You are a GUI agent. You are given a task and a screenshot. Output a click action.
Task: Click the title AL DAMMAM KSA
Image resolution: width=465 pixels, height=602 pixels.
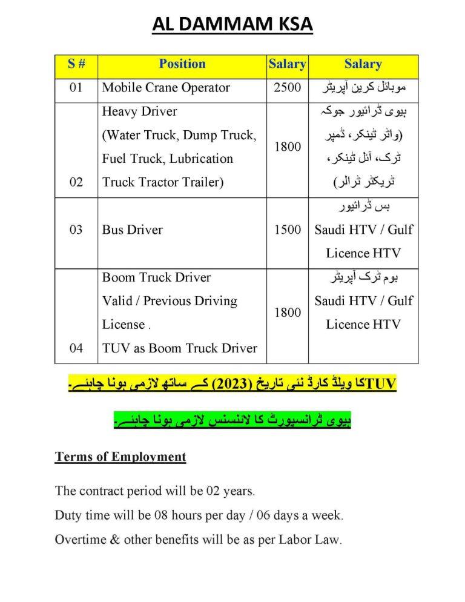pos(232,27)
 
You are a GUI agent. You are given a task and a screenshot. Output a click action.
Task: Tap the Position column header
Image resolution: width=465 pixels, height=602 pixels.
pos(182,64)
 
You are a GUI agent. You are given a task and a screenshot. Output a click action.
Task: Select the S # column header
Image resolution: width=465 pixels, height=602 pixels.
pos(76,64)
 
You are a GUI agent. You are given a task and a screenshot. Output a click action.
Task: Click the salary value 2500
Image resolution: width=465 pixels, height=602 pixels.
pos(287,87)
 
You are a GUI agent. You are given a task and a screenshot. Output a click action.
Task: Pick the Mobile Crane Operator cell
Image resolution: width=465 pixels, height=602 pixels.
pos(166,87)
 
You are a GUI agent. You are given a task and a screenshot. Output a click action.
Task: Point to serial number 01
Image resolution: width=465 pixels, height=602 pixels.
pos(76,87)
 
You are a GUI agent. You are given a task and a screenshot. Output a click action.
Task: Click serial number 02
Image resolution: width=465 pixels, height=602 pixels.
pos(76,182)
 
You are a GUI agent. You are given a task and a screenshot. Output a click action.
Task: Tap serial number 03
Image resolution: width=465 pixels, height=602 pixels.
pos(76,230)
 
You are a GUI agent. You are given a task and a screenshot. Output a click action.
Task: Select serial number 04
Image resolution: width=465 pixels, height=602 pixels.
pos(76,348)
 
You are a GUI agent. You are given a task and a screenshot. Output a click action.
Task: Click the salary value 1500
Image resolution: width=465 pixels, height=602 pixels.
pos(287,230)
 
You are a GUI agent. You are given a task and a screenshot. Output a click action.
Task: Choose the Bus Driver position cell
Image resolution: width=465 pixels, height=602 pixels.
pos(132,230)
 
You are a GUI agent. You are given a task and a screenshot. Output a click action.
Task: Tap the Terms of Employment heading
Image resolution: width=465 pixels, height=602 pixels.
pos(120,457)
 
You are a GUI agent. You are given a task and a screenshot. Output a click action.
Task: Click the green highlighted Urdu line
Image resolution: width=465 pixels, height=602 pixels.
pos(232,420)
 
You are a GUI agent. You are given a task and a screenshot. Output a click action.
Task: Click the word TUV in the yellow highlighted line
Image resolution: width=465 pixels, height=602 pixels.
pos(381,385)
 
